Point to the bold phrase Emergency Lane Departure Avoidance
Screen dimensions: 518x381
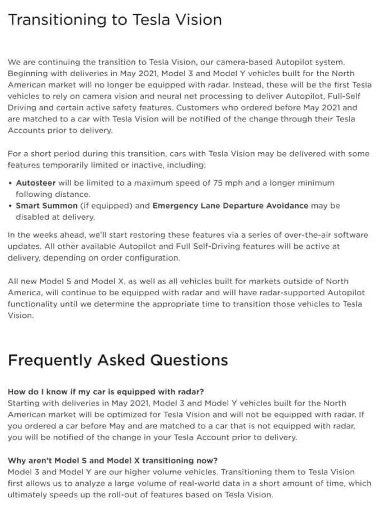230,205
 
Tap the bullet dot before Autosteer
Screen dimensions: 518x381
11,183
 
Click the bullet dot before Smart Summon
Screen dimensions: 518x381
11,206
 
